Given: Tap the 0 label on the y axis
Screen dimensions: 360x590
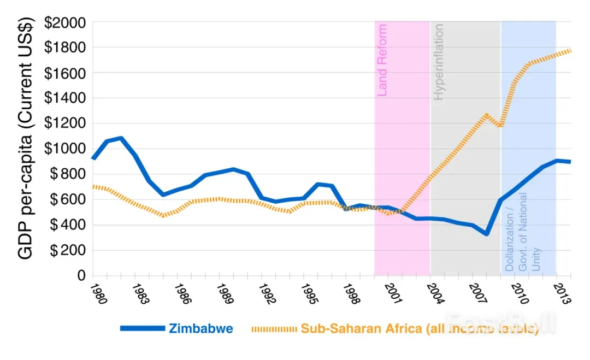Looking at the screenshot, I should point(81,276).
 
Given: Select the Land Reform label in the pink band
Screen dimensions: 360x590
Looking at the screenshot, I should point(382,60).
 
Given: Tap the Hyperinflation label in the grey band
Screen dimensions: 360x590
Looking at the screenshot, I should point(439,62).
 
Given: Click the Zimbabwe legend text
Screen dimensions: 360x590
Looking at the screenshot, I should point(201,329).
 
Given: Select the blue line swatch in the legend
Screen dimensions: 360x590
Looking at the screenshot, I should point(142,329).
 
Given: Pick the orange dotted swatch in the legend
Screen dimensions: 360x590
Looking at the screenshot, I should point(274,329).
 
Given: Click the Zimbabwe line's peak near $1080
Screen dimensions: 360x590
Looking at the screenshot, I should point(121,138).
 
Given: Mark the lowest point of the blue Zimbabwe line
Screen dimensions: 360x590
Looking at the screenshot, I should point(485,234).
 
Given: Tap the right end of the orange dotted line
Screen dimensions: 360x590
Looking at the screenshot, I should point(571,50).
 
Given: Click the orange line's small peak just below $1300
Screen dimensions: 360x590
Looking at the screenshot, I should point(486,115).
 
